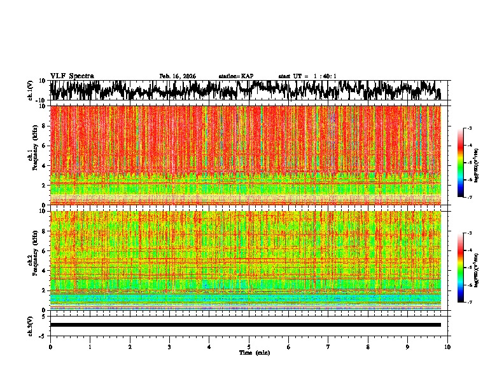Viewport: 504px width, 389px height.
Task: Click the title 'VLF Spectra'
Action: tap(72, 76)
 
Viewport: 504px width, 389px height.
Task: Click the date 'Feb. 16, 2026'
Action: tap(178, 76)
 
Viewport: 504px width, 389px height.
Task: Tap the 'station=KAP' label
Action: tap(235, 76)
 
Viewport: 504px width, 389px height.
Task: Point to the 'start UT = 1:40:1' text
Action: tap(307, 76)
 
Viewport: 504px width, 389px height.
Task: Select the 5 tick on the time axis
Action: tap(249, 347)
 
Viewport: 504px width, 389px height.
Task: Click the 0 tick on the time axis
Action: tap(50, 347)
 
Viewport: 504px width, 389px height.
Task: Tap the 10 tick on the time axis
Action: tap(447, 347)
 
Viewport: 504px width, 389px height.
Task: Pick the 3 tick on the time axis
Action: tap(169, 347)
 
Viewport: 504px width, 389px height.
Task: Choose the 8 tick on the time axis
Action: tap(368, 347)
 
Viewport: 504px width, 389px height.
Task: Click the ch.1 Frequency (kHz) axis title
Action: tap(32, 155)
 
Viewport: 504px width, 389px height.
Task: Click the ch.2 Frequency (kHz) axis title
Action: tap(32, 260)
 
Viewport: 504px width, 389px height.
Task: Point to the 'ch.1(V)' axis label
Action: tap(31, 90)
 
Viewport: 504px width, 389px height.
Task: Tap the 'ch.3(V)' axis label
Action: tap(31, 325)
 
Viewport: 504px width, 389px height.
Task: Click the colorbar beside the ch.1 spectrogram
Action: tap(461, 163)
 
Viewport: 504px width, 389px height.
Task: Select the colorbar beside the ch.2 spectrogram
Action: tap(461, 268)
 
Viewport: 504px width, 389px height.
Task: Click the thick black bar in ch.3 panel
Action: tap(246, 325)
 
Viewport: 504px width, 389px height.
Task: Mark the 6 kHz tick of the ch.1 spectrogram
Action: tap(43, 146)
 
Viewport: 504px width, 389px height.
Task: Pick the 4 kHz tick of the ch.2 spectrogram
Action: tap(43, 271)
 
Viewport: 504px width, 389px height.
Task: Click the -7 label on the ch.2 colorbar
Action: tap(469, 303)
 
